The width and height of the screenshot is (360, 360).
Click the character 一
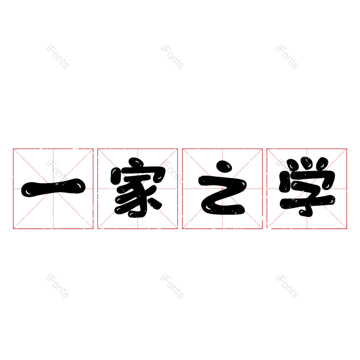click(53, 188)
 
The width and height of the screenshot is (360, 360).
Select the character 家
click(138, 187)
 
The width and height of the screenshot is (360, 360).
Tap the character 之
click(222, 188)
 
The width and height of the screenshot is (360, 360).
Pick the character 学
click(307, 187)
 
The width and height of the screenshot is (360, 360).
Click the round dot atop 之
click(224, 166)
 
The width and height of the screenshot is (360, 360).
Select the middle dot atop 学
click(306, 162)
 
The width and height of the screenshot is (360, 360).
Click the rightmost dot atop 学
click(322, 163)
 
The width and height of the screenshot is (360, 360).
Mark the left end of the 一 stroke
click(22, 190)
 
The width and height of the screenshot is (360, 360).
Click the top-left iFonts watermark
click(58, 57)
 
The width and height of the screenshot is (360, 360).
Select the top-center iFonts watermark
click(172, 57)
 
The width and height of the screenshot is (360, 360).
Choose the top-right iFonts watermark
click(287, 57)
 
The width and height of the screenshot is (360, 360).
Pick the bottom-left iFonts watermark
click(58, 286)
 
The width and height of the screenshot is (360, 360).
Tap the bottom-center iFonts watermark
click(172, 286)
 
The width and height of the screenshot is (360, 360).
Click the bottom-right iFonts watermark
click(287, 286)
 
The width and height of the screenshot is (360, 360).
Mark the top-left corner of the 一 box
click(13, 149)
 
